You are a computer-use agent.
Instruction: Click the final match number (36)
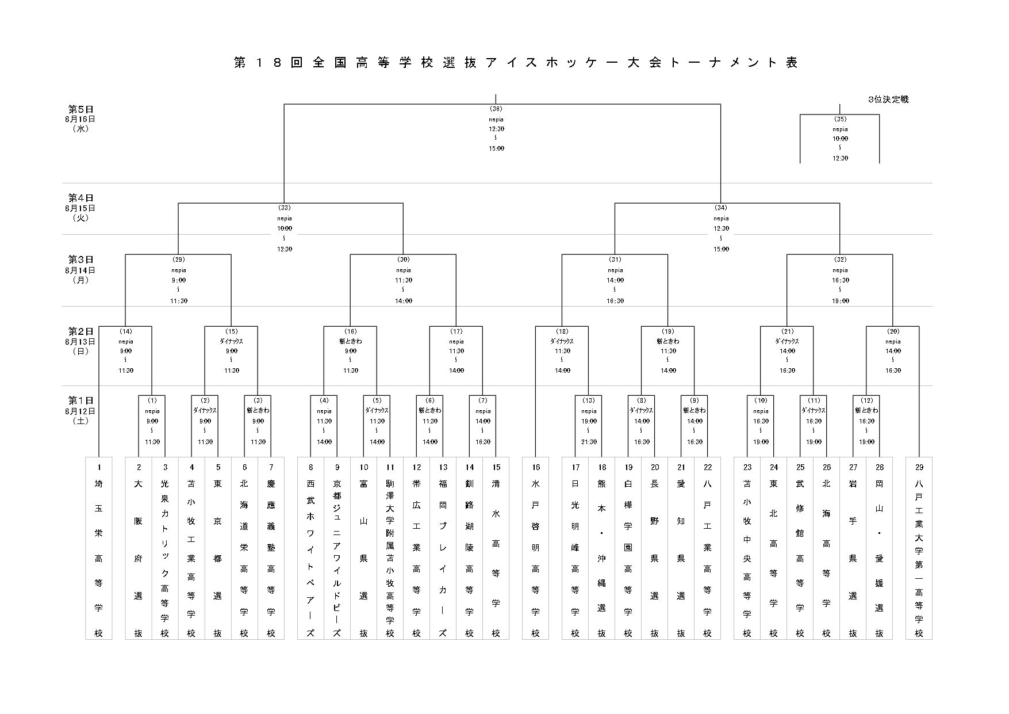point(496,109)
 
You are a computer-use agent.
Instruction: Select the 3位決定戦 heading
point(888,100)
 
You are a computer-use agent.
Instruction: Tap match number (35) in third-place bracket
point(840,119)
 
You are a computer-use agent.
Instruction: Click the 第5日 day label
point(81,109)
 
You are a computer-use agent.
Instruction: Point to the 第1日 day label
point(81,400)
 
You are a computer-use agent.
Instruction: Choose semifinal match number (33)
point(284,208)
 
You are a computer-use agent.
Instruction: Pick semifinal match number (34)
point(720,208)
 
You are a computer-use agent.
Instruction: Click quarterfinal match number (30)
point(403,259)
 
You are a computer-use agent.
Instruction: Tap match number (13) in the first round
point(588,400)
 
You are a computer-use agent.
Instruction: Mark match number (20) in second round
point(893,331)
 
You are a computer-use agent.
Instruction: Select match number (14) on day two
point(125,331)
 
